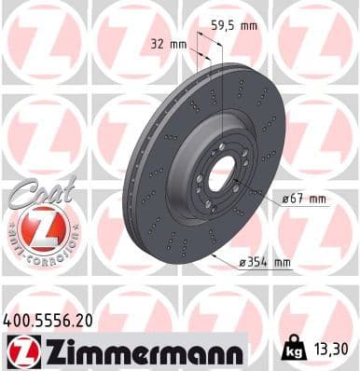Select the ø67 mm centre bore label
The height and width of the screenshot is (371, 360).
(303, 198)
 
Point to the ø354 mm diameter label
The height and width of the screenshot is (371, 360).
(266, 263)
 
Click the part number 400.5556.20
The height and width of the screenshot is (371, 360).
(48, 319)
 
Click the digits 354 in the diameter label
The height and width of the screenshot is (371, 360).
(262, 263)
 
